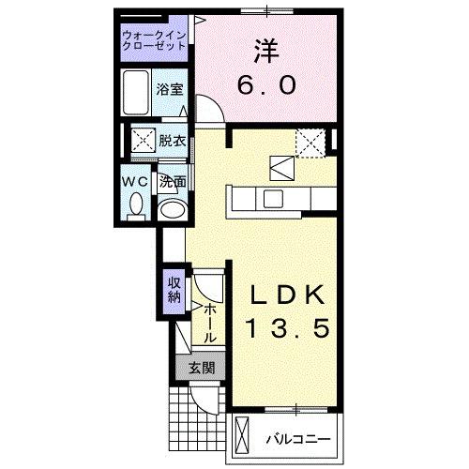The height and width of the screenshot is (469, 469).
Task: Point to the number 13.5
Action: (289, 329)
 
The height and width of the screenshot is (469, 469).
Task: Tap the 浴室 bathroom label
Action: (170, 91)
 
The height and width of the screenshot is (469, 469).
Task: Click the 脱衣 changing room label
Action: (171, 142)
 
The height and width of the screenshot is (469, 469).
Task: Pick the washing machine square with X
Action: (143, 143)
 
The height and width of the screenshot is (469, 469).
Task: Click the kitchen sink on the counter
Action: (272, 198)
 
